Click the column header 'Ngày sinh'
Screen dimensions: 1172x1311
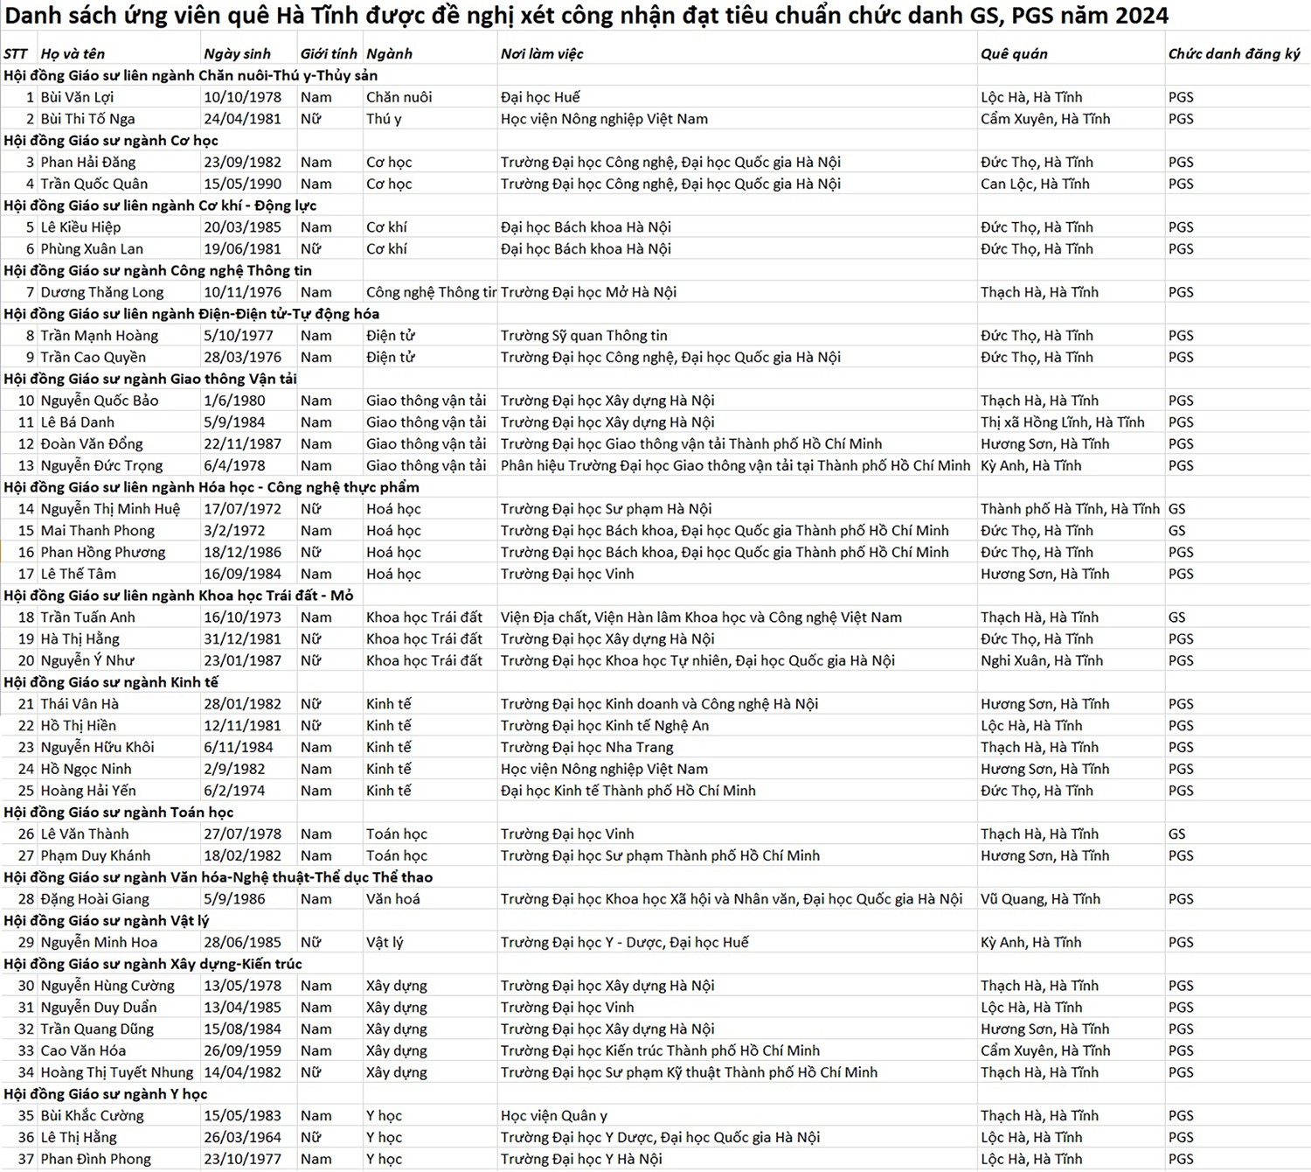(237, 53)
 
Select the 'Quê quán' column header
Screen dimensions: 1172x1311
(1013, 53)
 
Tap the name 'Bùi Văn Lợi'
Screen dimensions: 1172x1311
(77, 97)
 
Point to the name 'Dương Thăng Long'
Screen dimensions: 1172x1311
(101, 292)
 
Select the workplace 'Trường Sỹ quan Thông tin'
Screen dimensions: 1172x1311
(584, 335)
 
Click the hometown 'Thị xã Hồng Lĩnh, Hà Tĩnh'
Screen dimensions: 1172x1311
(1062, 422)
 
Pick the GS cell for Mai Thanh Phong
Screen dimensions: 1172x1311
(1176, 530)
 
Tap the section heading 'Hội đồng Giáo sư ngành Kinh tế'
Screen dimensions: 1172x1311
(111, 682)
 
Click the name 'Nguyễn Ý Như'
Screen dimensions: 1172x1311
(87, 660)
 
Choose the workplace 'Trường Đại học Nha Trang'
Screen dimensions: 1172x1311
(586, 747)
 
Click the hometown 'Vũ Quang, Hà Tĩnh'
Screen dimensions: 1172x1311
(1040, 898)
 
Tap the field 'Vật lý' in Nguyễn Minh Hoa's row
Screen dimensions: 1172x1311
(385, 942)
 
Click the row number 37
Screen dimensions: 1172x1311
(26, 1159)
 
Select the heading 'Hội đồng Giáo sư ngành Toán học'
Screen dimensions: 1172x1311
(119, 812)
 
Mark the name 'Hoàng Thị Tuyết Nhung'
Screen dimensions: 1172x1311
(117, 1072)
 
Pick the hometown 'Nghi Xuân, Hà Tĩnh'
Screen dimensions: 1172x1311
(1042, 660)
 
